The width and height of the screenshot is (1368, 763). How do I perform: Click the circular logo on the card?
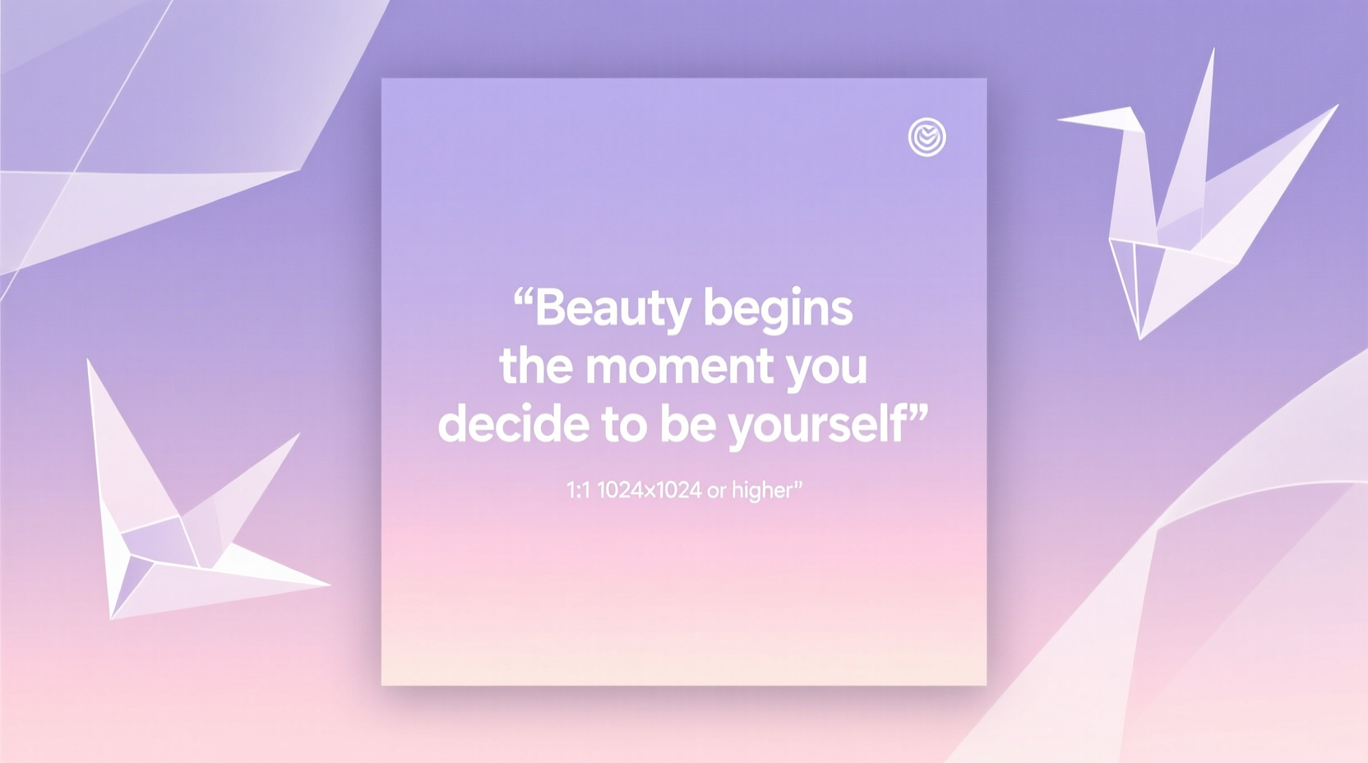pos(927,137)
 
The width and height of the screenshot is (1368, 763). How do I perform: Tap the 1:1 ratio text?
pos(578,491)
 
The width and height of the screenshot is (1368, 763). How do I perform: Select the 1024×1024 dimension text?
pos(649,491)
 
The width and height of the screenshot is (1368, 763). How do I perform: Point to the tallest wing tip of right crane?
pos(1213,51)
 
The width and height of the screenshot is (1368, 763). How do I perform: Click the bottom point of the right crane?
pos(1139,337)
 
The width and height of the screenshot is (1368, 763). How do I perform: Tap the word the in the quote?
pos(535,366)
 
